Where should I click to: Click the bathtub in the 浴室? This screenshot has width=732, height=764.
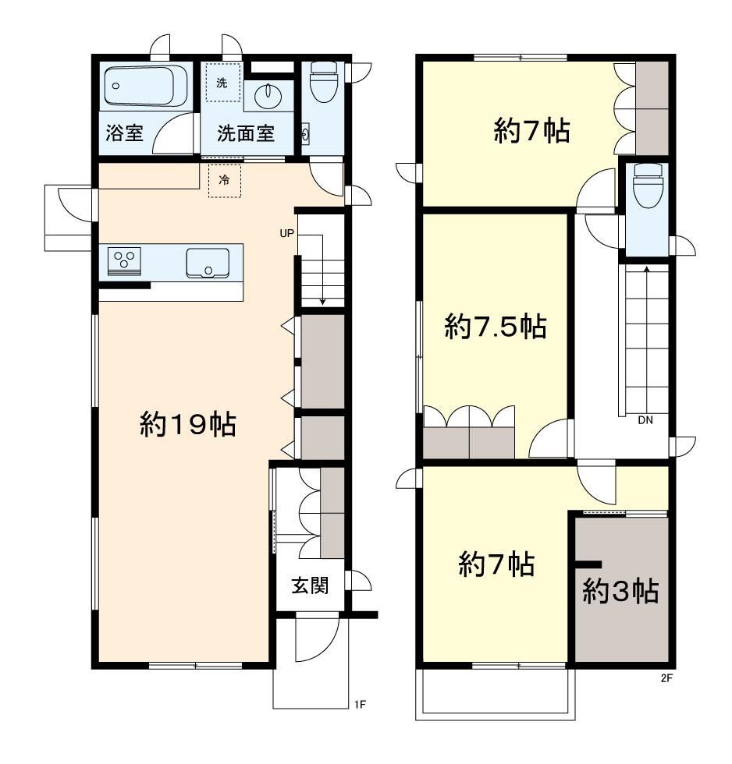tap(146, 87)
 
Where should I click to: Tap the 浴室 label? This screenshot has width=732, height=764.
tap(124, 133)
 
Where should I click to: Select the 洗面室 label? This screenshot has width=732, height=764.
tap(246, 133)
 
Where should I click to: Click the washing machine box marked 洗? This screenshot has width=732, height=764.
tap(222, 83)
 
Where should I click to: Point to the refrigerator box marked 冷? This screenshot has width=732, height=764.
tap(224, 180)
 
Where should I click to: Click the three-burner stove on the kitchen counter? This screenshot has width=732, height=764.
tap(124, 261)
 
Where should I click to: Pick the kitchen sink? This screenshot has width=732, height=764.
tap(208, 264)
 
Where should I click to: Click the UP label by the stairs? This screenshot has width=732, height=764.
tap(286, 233)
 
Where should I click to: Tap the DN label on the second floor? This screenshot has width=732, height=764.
tap(645, 420)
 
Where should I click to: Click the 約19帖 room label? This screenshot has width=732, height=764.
tap(188, 424)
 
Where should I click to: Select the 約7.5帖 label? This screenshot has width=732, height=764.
tap(495, 326)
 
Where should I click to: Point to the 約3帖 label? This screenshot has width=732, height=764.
tap(620, 591)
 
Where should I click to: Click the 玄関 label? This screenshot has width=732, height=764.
tap(310, 585)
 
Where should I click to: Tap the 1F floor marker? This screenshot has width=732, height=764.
tap(360, 704)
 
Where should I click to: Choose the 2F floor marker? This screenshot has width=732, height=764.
tap(666, 677)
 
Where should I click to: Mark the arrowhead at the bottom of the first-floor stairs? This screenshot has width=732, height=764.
tap(322, 302)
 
